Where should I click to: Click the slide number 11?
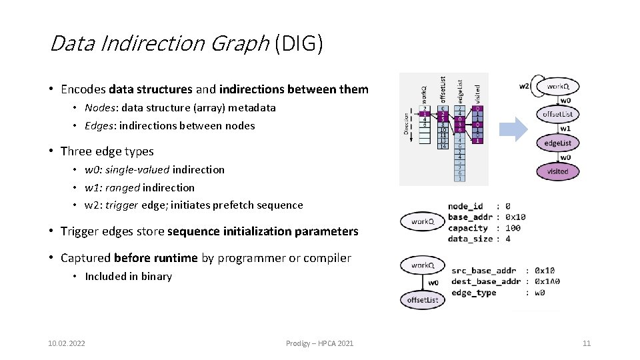pyautogui.click(x=587, y=343)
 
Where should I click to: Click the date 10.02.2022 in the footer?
pyautogui.click(x=67, y=343)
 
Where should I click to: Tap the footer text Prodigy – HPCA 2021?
pyautogui.click(x=319, y=343)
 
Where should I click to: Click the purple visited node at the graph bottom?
pyautogui.click(x=557, y=171)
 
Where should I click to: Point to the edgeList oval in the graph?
pyautogui.click(x=557, y=143)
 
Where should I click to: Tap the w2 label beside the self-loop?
pyautogui.click(x=525, y=85)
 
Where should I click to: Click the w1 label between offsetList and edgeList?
pyautogui.click(x=565, y=129)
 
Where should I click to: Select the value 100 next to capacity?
pyautogui.click(x=513, y=228)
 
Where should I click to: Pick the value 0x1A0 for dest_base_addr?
pyautogui.click(x=547, y=282)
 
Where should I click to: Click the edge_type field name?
pyautogui.click(x=473, y=293)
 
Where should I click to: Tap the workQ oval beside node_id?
pyautogui.click(x=423, y=221)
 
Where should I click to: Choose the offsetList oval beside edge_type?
pyautogui.click(x=423, y=300)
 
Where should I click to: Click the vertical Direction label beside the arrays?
pyautogui.click(x=407, y=125)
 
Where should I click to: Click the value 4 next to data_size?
pyautogui.click(x=508, y=239)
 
